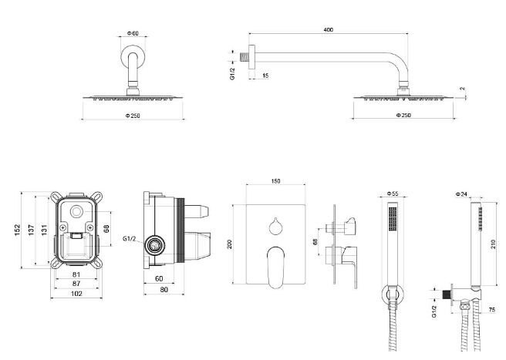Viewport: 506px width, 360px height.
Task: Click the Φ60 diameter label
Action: pyautogui.click(x=133, y=34)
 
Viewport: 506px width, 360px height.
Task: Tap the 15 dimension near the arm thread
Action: pyautogui.click(x=265, y=76)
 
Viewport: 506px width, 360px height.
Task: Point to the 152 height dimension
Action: pyautogui.click(x=17, y=230)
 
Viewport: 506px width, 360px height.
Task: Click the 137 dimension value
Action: pyautogui.click(x=32, y=230)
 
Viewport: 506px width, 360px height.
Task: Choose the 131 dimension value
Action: pyautogui.click(x=46, y=230)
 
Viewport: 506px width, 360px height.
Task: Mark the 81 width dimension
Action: pyautogui.click(x=76, y=274)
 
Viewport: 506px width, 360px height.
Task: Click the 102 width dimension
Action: pyautogui.click(x=76, y=293)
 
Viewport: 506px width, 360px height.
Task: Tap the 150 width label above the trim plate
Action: pyautogui.click(x=275, y=181)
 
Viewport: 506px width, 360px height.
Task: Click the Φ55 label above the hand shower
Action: pyautogui.click(x=393, y=194)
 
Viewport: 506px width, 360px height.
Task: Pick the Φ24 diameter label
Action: pyautogui.click(x=462, y=194)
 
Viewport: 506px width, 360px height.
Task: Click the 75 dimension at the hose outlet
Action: pyautogui.click(x=492, y=309)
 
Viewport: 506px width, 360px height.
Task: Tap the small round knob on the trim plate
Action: pyautogui.click(x=275, y=225)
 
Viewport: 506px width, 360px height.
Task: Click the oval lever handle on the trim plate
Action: pyautogui.click(x=275, y=266)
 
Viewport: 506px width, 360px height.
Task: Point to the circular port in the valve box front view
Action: pyautogui.click(x=76, y=213)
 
